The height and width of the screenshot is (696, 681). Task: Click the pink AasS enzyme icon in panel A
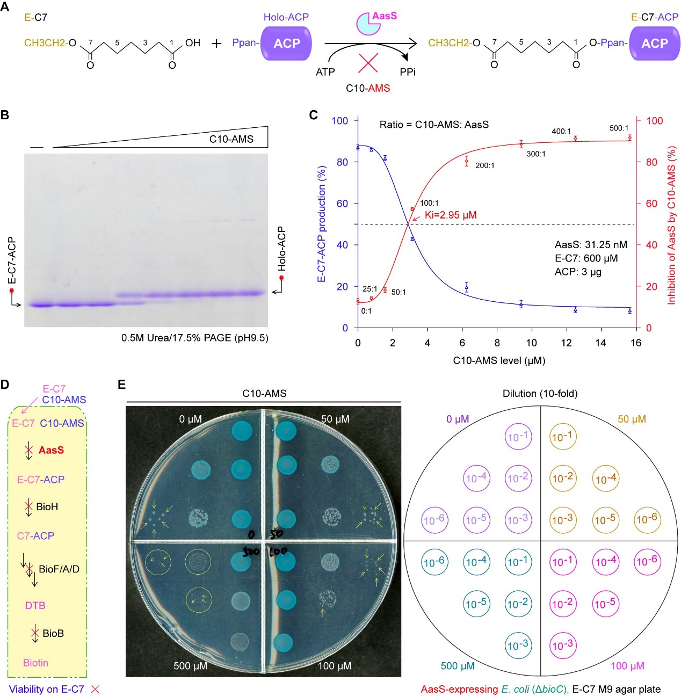click(x=369, y=24)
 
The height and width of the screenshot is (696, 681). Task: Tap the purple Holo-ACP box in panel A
click(x=286, y=44)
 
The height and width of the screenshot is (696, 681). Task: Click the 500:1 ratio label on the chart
click(x=619, y=128)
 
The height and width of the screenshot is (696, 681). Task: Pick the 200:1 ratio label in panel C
click(x=484, y=165)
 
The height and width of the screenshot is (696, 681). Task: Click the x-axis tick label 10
click(x=531, y=343)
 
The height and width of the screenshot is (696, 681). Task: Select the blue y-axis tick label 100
click(x=339, y=120)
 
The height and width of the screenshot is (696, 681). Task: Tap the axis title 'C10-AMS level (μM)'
click(x=499, y=360)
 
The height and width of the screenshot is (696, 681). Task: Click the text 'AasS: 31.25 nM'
click(x=591, y=245)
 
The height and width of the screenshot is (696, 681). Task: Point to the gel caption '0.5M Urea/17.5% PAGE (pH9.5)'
click(x=194, y=338)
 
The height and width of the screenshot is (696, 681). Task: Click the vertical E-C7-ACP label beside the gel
click(x=12, y=260)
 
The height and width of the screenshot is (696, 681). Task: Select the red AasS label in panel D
click(x=51, y=450)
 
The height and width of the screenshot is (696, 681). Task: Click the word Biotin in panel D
click(x=35, y=663)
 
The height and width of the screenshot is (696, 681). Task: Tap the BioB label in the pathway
click(x=53, y=634)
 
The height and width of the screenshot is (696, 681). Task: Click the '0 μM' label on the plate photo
click(x=191, y=419)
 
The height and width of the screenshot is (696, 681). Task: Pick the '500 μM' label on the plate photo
click(x=190, y=666)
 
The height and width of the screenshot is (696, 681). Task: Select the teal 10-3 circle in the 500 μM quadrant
click(x=518, y=644)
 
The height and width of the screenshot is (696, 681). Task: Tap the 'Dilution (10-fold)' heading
click(x=540, y=394)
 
